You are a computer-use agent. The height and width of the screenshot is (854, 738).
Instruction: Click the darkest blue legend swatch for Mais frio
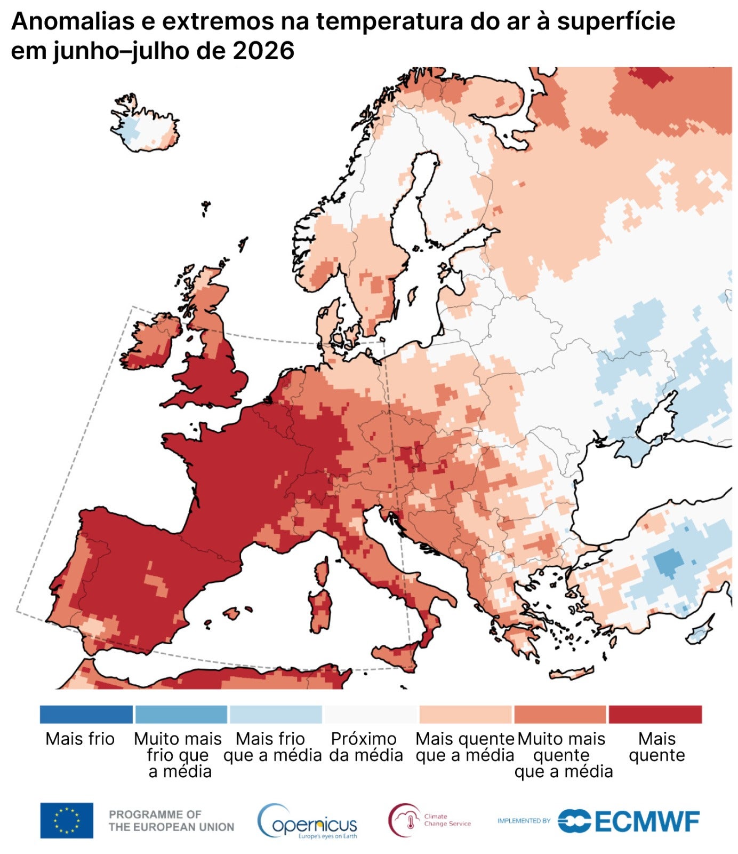point(86,714)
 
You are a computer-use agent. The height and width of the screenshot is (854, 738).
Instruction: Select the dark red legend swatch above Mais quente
point(655,714)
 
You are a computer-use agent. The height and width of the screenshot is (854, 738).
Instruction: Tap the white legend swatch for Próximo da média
point(371,714)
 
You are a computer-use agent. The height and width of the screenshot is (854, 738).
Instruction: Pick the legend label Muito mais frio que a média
point(178,755)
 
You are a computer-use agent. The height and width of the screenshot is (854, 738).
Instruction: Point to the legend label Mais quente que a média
point(464,747)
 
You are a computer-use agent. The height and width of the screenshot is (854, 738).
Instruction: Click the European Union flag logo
point(67,820)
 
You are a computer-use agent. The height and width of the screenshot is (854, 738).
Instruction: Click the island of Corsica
point(322,570)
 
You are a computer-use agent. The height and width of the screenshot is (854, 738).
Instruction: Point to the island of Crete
point(571,673)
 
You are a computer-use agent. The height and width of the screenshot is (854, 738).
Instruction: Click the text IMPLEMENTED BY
point(524,821)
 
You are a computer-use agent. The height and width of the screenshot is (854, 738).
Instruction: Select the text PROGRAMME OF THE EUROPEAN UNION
point(171,821)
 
